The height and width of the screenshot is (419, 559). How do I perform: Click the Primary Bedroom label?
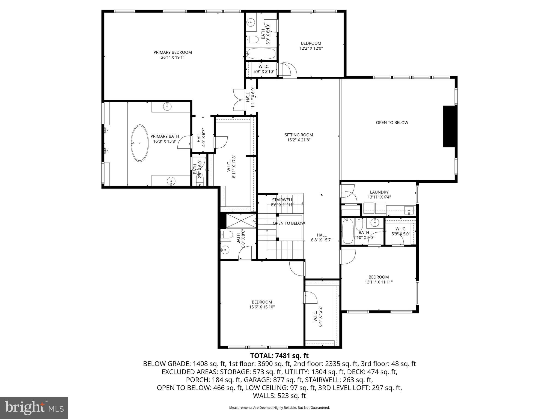(173, 52)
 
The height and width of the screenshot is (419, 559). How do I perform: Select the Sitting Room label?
(299, 135)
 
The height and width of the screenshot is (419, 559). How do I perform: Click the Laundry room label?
(379, 192)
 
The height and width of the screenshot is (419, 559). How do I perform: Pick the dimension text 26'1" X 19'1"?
(173, 58)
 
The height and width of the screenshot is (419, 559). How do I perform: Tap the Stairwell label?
(283, 200)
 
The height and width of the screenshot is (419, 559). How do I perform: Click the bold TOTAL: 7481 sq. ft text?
(279, 356)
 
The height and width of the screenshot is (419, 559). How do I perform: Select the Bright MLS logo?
(34, 408)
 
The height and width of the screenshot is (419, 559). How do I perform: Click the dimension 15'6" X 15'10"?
(262, 307)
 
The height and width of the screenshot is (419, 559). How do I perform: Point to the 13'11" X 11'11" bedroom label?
(379, 280)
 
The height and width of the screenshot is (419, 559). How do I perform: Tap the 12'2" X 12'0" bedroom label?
(311, 46)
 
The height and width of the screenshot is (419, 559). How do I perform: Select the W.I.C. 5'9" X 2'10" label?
(264, 69)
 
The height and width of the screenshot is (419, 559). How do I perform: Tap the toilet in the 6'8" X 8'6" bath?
(226, 234)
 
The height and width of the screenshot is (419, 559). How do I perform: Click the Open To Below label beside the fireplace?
(392, 123)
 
